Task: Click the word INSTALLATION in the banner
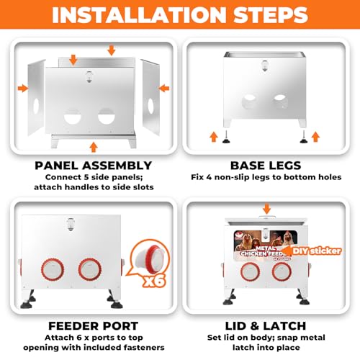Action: click(139, 15)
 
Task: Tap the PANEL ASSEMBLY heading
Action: click(94, 166)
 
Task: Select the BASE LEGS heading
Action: click(266, 166)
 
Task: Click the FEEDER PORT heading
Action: click(94, 326)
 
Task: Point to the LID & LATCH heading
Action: click(266, 326)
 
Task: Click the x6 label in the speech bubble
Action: click(155, 280)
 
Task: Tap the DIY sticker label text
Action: click(317, 251)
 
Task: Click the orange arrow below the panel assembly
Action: click(94, 147)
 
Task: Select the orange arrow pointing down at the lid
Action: click(266, 209)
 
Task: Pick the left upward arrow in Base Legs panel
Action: click(214, 137)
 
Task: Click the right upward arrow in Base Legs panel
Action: click(315, 137)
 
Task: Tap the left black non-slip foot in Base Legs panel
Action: click(226, 138)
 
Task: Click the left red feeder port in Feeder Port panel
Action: click(53, 269)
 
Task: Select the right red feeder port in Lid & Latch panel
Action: click(282, 271)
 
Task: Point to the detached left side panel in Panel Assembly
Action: click(37, 97)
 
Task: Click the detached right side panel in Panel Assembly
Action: click(150, 97)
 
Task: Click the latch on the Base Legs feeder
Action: click(265, 66)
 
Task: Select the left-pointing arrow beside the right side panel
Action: click(164, 89)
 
